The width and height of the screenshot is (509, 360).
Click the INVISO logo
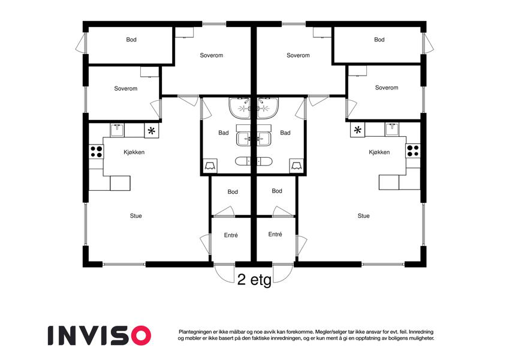point(100,335)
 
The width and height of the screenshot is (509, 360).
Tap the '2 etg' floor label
point(254,280)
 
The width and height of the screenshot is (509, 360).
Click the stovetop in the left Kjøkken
point(97,152)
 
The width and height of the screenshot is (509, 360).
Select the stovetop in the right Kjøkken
point(413,151)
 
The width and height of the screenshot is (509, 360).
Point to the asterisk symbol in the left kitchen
point(151,131)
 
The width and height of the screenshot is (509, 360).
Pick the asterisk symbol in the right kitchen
point(357,130)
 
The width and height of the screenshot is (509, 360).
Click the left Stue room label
point(135,216)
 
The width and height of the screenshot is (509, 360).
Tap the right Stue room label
point(363,216)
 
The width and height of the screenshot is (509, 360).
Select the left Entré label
point(231,235)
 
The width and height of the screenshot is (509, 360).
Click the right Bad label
point(285,133)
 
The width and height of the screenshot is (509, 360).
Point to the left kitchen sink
point(117,130)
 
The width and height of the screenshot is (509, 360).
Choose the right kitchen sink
point(392,130)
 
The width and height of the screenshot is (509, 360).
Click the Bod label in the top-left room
point(131,40)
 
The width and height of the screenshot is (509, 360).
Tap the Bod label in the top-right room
point(379,40)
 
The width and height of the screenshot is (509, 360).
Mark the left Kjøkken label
point(134,152)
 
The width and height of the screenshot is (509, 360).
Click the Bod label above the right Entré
point(277,191)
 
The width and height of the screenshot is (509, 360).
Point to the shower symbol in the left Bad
point(210,166)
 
